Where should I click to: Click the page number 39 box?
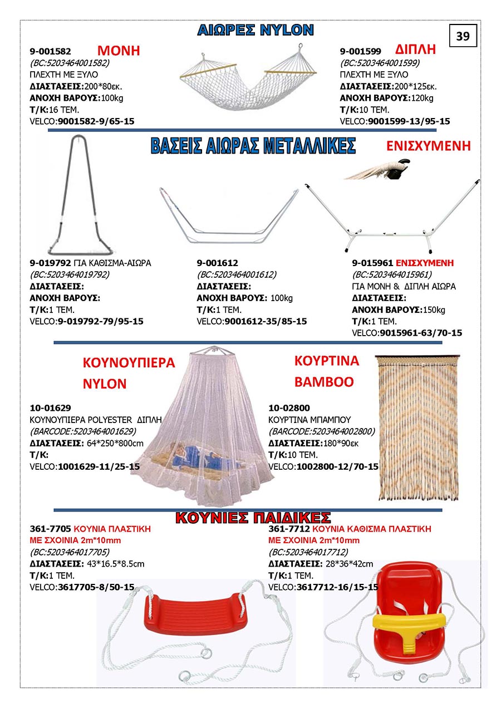(463, 36)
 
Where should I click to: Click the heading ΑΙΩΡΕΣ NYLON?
(256, 30)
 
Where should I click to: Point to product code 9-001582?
(50, 51)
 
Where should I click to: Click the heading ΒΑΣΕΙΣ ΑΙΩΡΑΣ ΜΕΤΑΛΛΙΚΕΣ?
(253, 146)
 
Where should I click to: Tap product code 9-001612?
(217, 262)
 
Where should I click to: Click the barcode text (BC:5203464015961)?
(392, 274)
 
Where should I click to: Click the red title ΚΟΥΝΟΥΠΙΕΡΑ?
(129, 363)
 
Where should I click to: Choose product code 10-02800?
(289, 407)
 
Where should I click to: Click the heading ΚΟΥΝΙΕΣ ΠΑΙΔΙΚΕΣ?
(253, 518)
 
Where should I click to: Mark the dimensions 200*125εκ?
(415, 86)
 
